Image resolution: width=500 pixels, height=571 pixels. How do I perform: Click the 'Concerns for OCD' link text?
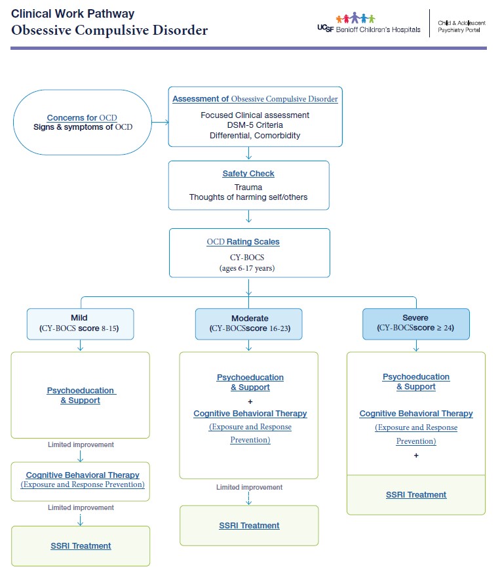click(82, 117)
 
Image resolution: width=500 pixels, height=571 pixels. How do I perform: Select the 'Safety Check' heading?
click(248, 174)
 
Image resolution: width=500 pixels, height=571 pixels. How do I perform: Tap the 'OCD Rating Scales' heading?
click(243, 242)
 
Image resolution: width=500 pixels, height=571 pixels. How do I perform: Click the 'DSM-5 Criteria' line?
click(255, 125)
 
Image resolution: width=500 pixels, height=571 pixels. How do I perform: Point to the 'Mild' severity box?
click(80, 324)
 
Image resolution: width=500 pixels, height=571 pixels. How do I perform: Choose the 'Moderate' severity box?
click(249, 324)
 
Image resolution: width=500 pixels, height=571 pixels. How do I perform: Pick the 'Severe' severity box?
click(416, 324)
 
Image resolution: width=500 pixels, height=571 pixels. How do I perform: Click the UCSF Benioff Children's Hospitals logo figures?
click(355, 18)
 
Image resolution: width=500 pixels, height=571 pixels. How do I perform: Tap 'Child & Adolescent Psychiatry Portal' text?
click(461, 26)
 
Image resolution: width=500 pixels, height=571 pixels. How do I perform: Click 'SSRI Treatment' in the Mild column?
click(81, 545)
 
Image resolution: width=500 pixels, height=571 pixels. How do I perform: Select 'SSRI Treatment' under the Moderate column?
click(249, 525)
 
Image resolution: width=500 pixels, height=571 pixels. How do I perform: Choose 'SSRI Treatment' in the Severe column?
click(416, 494)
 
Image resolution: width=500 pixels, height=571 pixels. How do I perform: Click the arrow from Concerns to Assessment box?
click(161, 123)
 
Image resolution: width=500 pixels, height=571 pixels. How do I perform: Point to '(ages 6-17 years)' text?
click(249, 267)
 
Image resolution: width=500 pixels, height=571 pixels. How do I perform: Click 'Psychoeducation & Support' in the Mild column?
click(81, 395)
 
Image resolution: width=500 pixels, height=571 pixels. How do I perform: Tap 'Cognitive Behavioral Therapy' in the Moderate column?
click(250, 414)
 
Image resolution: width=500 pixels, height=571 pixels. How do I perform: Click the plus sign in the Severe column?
click(416, 455)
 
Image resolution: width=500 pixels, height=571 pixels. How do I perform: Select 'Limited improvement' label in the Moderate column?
click(249, 487)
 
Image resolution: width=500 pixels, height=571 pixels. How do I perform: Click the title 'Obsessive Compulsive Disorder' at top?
click(109, 30)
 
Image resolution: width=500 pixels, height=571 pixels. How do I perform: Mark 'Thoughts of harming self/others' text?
click(248, 197)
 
